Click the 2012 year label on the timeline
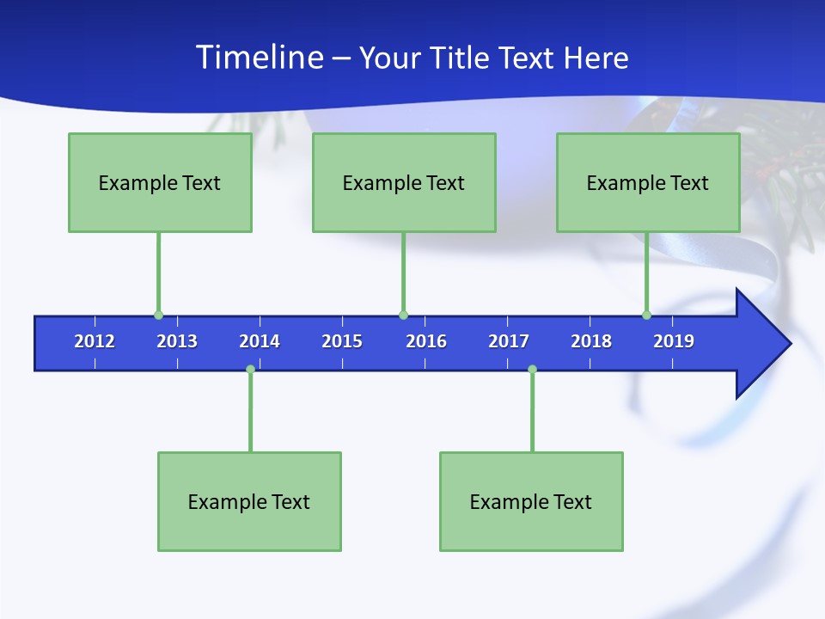[x=95, y=341]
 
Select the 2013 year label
[x=177, y=341]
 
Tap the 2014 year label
[x=260, y=341]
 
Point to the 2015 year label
[x=342, y=341]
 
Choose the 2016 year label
[x=426, y=341]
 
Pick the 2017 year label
[x=509, y=341]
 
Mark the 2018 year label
[x=591, y=341]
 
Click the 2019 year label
[x=674, y=341]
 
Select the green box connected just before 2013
[x=160, y=182]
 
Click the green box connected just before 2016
[x=404, y=182]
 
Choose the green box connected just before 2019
[x=648, y=182]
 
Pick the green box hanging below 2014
[x=249, y=501]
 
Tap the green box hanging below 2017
[x=531, y=501]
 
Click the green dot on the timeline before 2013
[x=158, y=316]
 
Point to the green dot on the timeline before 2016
[x=403, y=316]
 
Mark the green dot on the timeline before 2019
[x=646, y=316]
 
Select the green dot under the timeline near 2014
[x=250, y=370]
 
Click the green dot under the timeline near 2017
[x=532, y=370]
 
